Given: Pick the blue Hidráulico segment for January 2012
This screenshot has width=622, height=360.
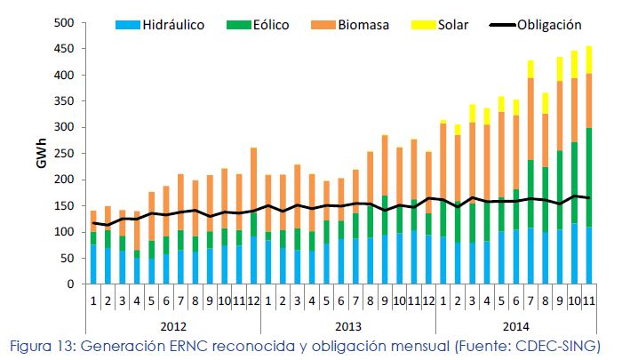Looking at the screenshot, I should [x=93, y=264].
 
